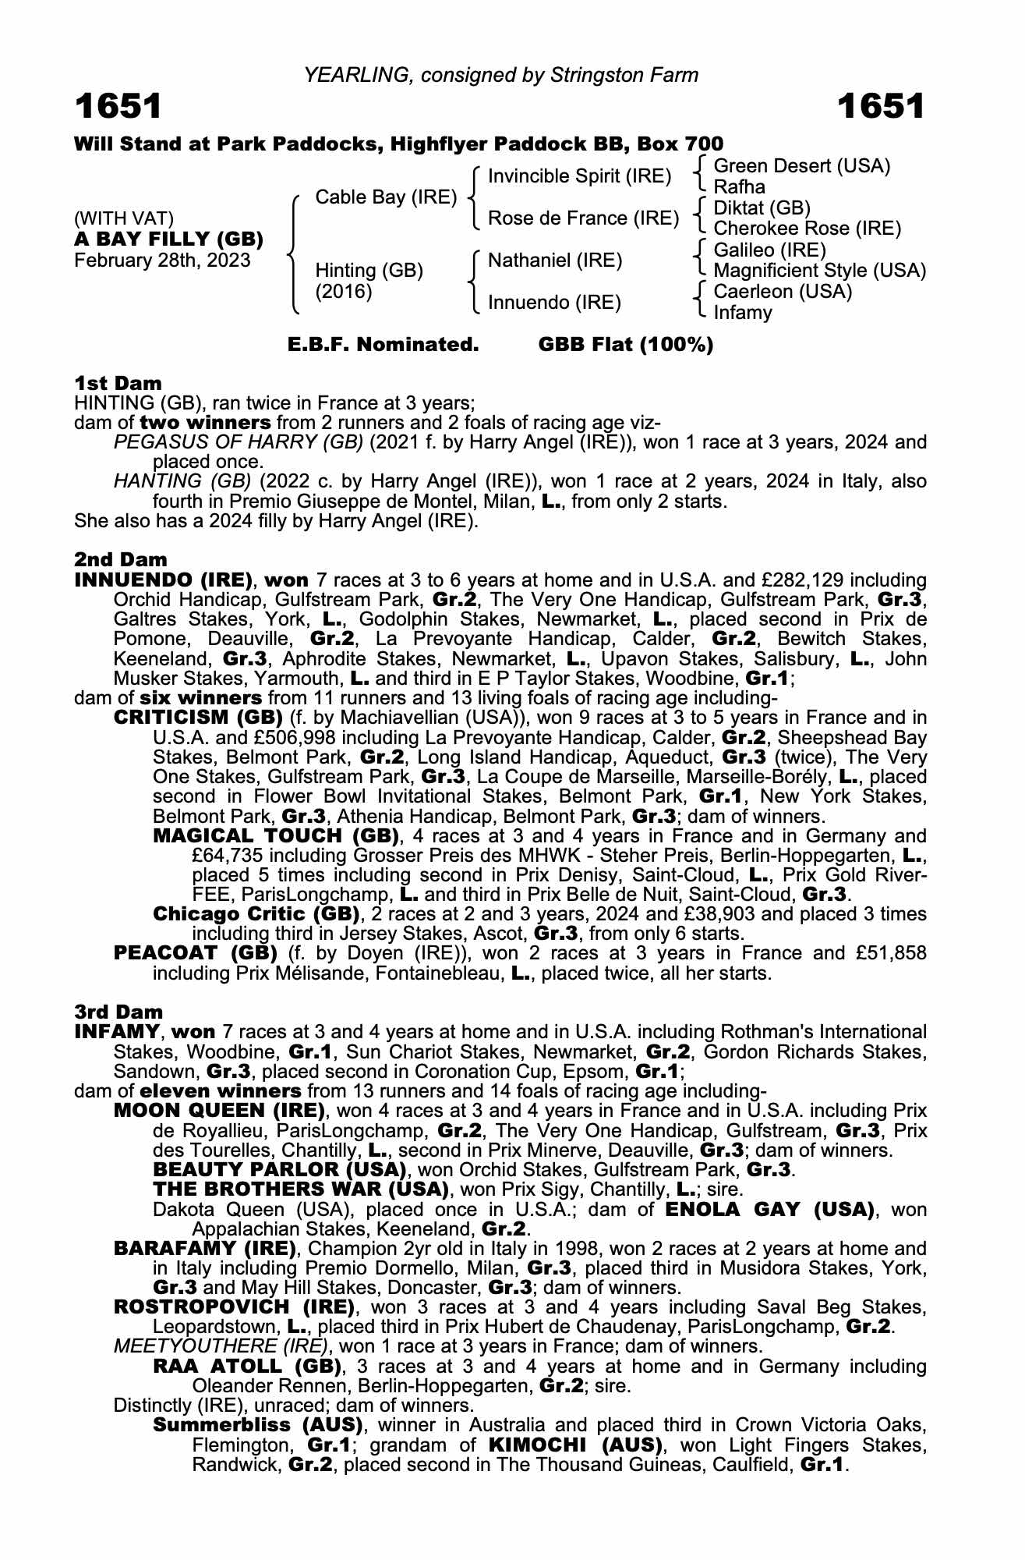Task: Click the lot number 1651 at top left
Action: point(118,107)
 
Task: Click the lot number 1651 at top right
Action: point(881,107)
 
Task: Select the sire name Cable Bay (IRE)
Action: point(386,197)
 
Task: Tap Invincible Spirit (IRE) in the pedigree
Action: point(579,176)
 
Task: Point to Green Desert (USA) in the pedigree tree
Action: point(801,166)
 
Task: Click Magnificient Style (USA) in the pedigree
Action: point(819,271)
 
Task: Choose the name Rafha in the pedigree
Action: point(739,187)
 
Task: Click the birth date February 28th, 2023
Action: point(162,260)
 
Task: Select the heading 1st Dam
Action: point(118,383)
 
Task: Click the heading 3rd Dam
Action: point(118,1012)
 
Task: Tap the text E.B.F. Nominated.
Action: point(383,345)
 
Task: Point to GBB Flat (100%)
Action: point(626,345)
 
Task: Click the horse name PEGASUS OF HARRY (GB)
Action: point(239,442)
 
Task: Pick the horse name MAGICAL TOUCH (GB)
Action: point(276,835)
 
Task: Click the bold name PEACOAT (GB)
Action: point(196,953)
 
